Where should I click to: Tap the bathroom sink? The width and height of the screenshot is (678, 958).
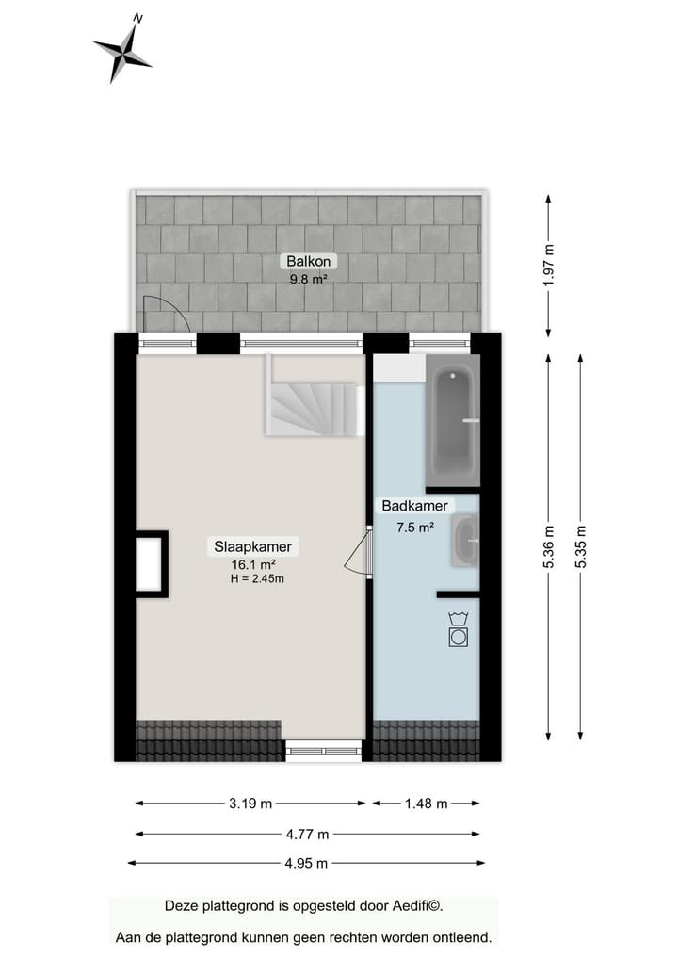tap(464, 541)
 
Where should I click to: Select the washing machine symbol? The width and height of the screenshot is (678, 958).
tap(458, 629)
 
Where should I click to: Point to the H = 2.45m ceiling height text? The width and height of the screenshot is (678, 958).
tap(256, 578)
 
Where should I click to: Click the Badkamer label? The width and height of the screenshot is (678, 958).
tap(413, 506)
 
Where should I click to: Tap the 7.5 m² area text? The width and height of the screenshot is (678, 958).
tap(413, 528)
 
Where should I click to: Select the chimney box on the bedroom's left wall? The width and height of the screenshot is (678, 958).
tap(150, 563)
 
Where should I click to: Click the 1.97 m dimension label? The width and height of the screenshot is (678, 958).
tap(549, 265)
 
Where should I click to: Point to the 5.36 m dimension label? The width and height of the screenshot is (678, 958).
tap(549, 544)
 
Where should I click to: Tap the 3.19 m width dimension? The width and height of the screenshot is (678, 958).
tap(250, 804)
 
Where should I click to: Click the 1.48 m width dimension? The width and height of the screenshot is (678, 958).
tap(426, 804)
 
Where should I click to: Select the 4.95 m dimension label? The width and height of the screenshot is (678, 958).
tap(306, 863)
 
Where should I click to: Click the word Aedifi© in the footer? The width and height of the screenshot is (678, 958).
tap(415, 906)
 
